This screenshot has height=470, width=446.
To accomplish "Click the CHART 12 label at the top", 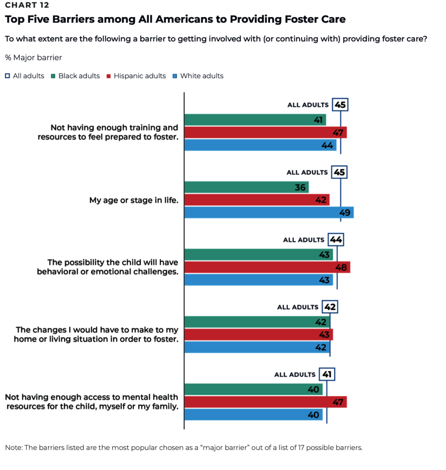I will coord(27,6).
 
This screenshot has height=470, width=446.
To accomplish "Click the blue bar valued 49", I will coord(269,212).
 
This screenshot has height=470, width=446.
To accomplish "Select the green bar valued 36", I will coord(246,187).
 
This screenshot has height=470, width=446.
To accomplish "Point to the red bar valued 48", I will coord(267,267).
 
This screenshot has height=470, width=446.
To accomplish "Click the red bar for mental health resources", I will coord(265,402).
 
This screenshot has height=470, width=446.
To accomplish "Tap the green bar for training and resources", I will coord(255,120).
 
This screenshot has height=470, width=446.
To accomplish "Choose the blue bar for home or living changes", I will coord(257,347).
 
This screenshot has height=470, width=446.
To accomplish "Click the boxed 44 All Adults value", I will coord(336,240).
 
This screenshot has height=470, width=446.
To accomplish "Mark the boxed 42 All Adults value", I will coord(330,307).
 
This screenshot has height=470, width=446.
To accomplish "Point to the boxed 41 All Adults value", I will coord(327,375).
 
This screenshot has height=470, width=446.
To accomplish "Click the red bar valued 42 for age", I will coord(257,200).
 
